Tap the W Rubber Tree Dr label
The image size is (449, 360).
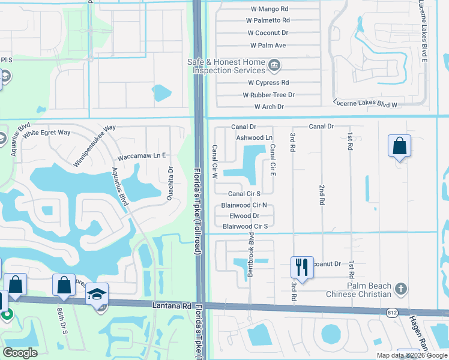268,95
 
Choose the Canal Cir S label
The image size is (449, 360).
244,194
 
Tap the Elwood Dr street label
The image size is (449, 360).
244,215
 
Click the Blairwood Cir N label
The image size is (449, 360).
244,205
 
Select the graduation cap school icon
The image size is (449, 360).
97,293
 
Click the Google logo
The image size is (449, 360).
19,353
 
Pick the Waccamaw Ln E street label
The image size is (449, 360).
141,155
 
